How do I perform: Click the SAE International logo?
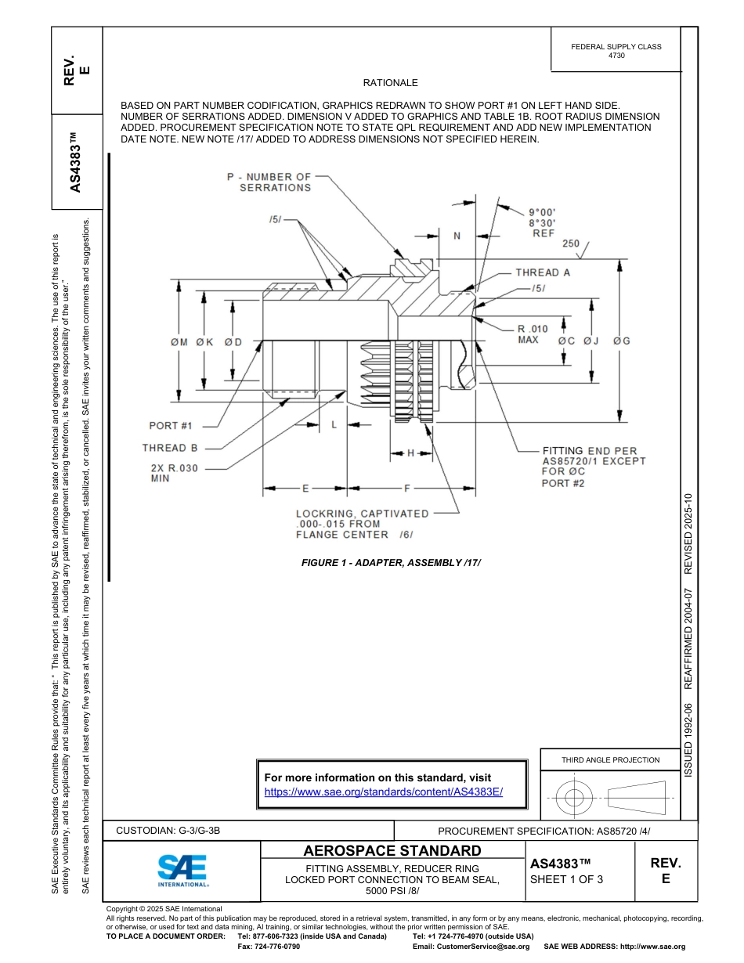click(182, 870)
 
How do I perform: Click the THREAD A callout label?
click(543, 272)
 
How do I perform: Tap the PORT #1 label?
click(171, 426)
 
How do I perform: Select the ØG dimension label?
click(622, 341)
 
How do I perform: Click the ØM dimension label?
click(179, 342)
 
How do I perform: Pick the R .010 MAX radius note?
click(533, 334)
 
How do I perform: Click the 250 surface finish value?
click(571, 243)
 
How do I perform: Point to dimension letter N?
click(457, 235)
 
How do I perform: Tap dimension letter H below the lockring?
click(410, 453)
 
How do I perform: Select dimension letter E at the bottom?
click(305, 489)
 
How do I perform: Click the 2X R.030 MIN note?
click(171, 472)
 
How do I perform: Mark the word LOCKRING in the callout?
click(323, 514)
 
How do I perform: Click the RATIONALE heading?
click(390, 83)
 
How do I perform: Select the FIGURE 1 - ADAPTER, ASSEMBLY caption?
click(391, 562)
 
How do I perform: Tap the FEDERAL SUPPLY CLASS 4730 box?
click(616, 51)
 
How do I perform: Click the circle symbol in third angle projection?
click(574, 798)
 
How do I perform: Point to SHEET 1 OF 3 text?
click(566, 879)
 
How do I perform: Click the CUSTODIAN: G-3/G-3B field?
click(174, 831)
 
